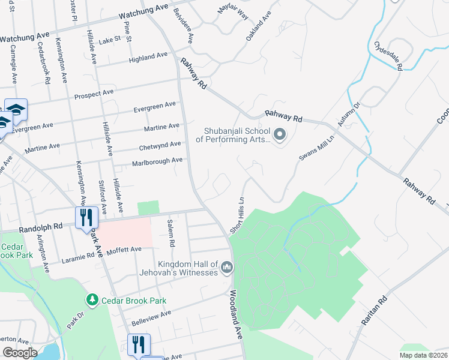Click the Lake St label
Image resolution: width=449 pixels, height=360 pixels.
(x=110, y=40)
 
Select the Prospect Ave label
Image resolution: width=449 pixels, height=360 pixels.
(x=94, y=94)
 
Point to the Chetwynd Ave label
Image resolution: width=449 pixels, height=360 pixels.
(x=160, y=145)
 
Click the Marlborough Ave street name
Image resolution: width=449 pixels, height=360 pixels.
(x=157, y=161)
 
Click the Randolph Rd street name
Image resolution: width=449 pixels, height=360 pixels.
(x=41, y=227)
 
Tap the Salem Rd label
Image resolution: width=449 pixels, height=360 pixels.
(x=172, y=234)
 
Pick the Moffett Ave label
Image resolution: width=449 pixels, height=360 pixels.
(x=123, y=249)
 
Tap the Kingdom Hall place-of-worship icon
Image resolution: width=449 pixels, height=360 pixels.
(x=226, y=267)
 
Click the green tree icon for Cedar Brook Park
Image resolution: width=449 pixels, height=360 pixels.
(x=92, y=299)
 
